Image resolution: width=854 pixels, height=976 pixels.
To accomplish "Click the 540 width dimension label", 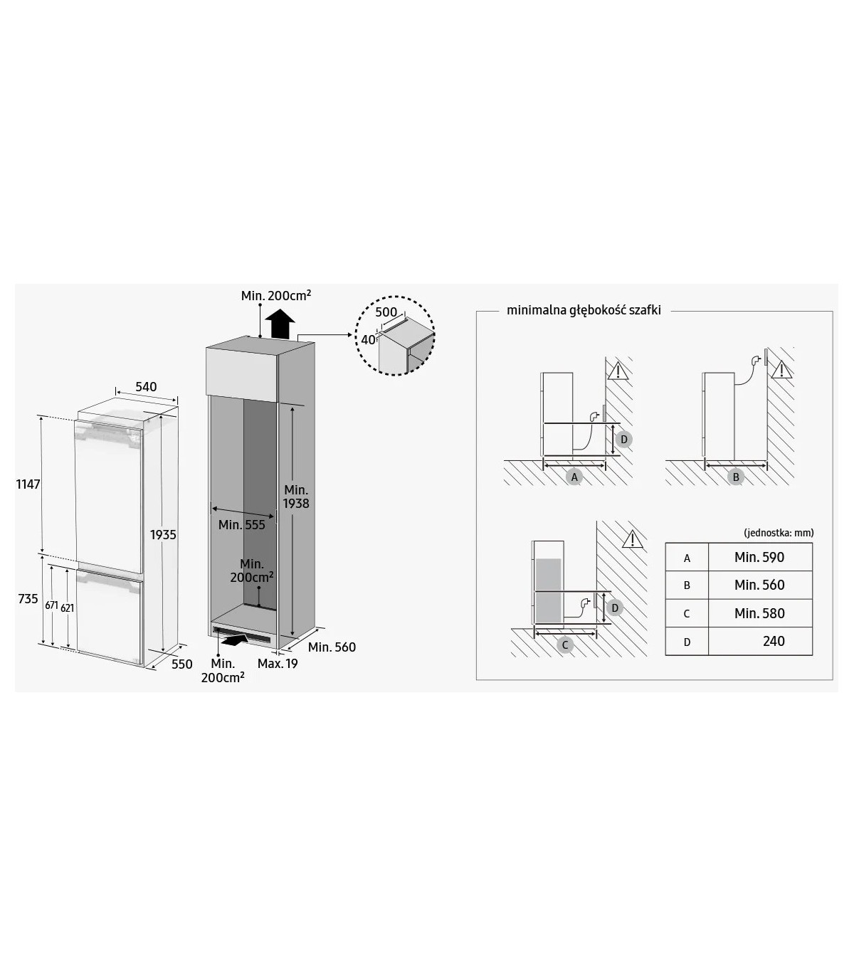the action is pos(145,387).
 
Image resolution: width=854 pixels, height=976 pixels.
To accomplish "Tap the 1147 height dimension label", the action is pos(28,484).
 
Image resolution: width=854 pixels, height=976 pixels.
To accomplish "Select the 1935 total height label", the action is pos(163,535).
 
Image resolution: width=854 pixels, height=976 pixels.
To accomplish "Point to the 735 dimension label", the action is pos(28,599).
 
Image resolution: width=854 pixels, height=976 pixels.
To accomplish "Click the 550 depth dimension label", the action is pos(181,664).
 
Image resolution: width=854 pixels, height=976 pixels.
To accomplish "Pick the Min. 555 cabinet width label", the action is pos(241,525).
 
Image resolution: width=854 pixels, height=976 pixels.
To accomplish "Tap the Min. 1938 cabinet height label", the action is pos(296,497).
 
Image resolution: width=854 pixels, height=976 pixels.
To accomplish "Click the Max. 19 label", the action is pos(278,664).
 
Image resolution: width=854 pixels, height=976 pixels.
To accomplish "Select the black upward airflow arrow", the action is pos(280,324).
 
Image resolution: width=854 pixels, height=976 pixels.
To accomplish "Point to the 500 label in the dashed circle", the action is pos(386,312).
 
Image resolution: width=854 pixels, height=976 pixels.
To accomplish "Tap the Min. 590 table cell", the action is pos(759,557).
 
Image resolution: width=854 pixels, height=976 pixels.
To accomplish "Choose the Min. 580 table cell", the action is pos(759,613).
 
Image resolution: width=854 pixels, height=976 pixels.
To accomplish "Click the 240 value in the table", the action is pos(774,641).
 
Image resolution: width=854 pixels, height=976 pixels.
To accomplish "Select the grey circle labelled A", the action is pos(574,477).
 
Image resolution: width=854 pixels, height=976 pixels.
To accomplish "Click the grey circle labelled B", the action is pos(736,477).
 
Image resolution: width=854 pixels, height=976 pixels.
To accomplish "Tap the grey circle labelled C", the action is pos(565,645).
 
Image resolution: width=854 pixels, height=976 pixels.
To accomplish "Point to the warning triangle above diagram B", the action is pos(781,370).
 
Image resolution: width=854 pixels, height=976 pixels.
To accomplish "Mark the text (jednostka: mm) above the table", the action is pos(779,533).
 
